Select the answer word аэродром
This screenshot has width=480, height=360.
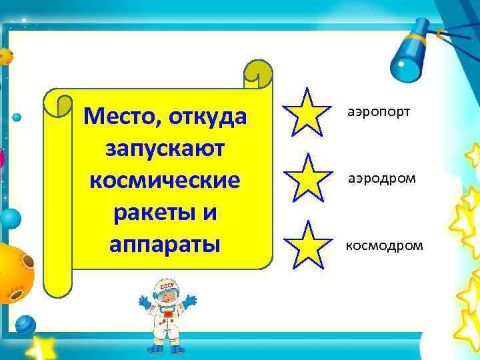coord(380,178)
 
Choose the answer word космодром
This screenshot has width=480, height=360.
coord(383,245)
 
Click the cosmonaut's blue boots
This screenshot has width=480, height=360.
coord(165,348)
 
